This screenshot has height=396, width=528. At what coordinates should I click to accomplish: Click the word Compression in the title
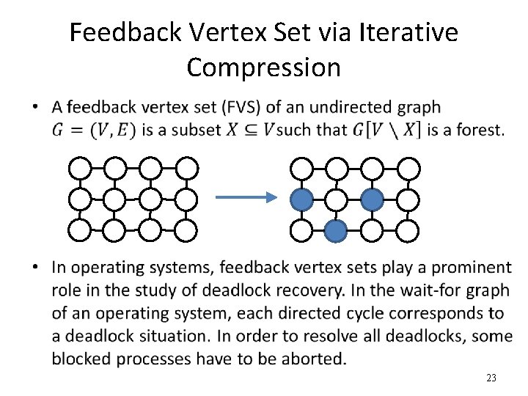(x=263, y=67)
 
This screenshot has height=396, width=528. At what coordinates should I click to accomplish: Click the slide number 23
(x=491, y=378)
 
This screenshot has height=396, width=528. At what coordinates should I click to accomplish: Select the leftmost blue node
(x=302, y=199)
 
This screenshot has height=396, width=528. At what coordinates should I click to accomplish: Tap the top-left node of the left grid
(x=80, y=168)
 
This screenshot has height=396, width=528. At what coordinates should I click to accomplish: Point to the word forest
(x=480, y=130)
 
